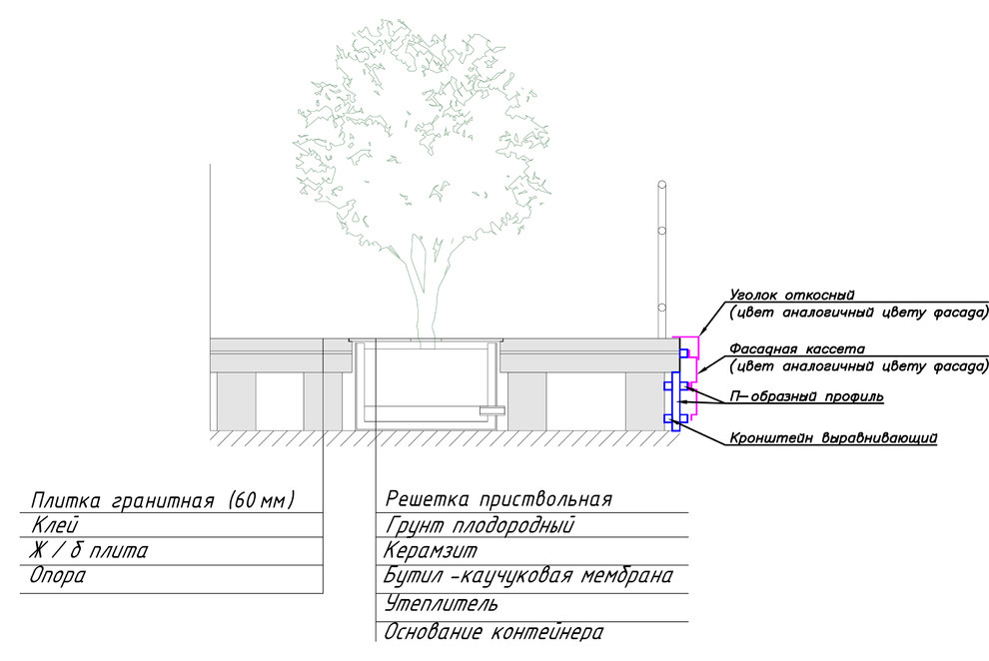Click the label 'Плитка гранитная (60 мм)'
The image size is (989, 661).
163,501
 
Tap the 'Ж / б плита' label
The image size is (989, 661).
88,551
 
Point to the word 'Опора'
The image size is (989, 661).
57,576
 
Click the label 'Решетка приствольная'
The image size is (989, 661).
498,499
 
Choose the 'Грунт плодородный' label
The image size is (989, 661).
480,525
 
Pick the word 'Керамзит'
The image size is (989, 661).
431,551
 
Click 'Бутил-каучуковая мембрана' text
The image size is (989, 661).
527,576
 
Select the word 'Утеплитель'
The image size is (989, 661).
441,604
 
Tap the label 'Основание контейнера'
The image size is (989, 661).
494,632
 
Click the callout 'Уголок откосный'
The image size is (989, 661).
791,295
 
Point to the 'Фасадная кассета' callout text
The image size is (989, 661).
797,348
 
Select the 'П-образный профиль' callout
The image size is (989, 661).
806,397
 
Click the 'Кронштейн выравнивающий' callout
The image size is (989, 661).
833,438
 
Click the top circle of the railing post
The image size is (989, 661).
661,186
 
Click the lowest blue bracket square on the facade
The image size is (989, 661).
668,418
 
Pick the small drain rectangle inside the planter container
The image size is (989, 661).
492,410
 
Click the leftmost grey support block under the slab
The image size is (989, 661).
236,401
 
